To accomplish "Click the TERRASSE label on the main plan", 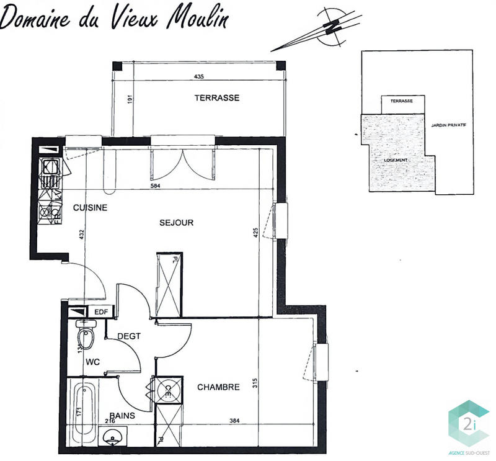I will click(x=216, y=98).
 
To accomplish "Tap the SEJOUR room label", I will click(x=177, y=223).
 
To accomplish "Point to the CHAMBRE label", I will click(x=218, y=387).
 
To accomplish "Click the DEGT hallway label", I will click(x=129, y=336).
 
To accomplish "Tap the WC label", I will click(x=94, y=360).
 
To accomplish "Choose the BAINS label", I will click(x=123, y=416).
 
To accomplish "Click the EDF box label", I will click(x=100, y=312).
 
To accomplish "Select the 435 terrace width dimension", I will click(x=198, y=77).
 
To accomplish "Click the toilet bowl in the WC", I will click(x=87, y=338).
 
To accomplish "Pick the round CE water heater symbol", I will click(x=167, y=390).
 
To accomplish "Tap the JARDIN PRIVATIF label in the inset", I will click(x=448, y=125).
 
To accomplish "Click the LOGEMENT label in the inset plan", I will click(x=396, y=160).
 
